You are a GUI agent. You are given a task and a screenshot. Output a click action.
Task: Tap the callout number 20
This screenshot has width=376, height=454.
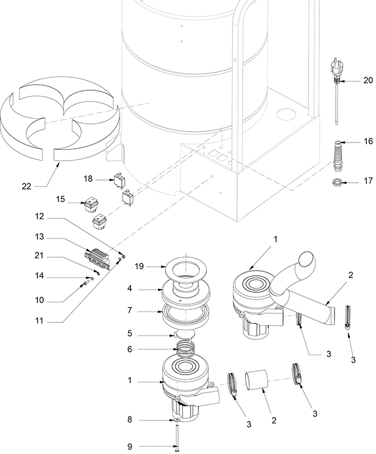[x=368, y=81]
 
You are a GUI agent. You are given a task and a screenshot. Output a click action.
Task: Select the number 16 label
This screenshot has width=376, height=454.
[x=368, y=141]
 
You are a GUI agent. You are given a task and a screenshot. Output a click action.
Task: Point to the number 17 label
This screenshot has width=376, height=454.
[x=368, y=182]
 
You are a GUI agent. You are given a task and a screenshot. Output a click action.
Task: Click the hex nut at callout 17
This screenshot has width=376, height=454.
[x=336, y=183]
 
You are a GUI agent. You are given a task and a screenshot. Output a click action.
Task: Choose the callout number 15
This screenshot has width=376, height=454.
[x=61, y=199]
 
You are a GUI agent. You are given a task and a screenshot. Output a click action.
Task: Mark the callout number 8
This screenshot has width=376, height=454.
[x=130, y=421]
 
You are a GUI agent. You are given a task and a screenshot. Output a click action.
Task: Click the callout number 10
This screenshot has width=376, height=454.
[x=39, y=300]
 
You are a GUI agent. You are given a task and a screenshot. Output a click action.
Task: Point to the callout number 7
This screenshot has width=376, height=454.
[x=130, y=311]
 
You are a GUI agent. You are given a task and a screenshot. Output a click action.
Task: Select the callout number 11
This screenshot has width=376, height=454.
[x=39, y=321]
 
